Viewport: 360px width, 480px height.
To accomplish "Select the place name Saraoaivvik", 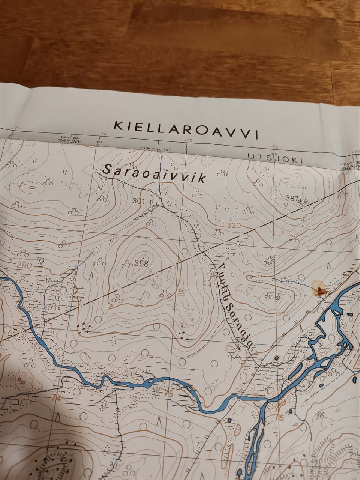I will pyautogui.click(x=154, y=175).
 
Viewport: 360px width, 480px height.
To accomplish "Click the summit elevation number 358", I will pyautogui.click(x=141, y=263).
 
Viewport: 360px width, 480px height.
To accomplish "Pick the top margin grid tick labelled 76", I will pyautogui.click(x=275, y=147).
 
